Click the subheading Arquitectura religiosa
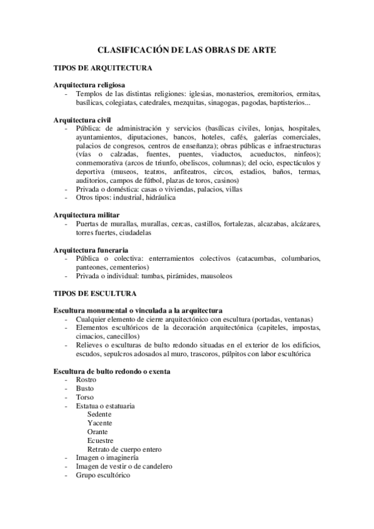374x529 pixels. point(90,85)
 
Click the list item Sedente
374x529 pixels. point(100,414)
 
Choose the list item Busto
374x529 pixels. point(85,388)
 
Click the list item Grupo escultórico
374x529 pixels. point(103,475)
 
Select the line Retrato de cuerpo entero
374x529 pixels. point(125,449)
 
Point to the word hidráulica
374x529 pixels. point(160,197)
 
